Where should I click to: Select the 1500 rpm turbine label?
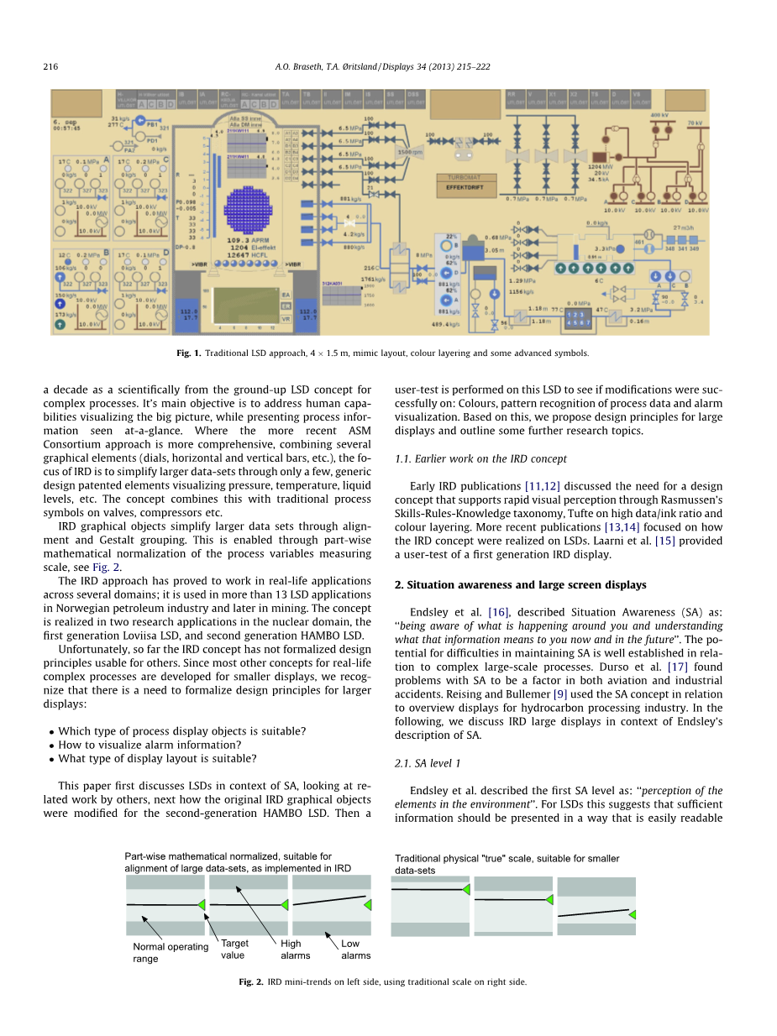[x=409, y=151]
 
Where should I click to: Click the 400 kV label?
[x=659, y=114]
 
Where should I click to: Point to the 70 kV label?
[x=694, y=123]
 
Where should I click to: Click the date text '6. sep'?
[x=64, y=122]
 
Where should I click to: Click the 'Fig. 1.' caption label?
[x=188, y=353]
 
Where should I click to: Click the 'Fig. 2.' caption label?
[x=251, y=981]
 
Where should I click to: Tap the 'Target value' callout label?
[x=234, y=949]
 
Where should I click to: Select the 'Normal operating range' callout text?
[x=170, y=952]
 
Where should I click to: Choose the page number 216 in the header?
[x=50, y=66]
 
